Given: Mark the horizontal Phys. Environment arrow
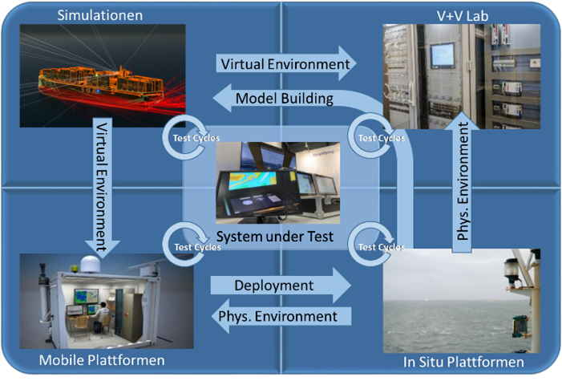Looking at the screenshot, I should pos(277,316).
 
